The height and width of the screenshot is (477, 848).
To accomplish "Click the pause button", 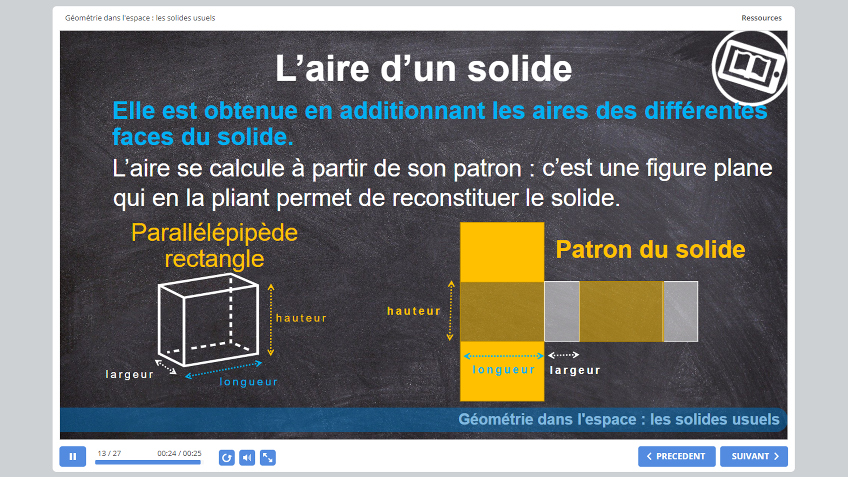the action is point(73,456).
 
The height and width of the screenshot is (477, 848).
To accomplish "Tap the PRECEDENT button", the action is point(677,456).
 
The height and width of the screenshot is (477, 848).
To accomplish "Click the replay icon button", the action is point(227,458).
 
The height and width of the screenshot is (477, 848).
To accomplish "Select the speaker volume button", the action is point(247,458).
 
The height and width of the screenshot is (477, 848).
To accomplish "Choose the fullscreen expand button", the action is point(268,458).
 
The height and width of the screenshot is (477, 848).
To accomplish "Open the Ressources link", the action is point(761,18).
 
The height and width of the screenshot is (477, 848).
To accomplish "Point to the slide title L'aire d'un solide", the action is point(424,68).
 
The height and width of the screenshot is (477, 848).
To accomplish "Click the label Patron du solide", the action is point(651,250).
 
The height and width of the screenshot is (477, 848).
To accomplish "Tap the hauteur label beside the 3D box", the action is point(301,318).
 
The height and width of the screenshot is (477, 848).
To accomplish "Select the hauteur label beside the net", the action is point(414,311).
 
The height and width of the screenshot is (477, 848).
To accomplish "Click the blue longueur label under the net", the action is point(503,370).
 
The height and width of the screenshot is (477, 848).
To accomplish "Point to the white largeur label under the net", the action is point(575,370).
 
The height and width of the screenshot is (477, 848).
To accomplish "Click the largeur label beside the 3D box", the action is point(129,375).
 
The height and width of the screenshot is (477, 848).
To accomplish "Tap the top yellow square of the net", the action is point(502,252).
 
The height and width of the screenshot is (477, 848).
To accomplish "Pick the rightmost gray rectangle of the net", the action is point(681,311).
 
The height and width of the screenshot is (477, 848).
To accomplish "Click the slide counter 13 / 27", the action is point(109,454).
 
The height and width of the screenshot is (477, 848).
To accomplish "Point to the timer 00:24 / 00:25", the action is point(179,454).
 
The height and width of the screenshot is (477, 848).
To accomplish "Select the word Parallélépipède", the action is point(215,233).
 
